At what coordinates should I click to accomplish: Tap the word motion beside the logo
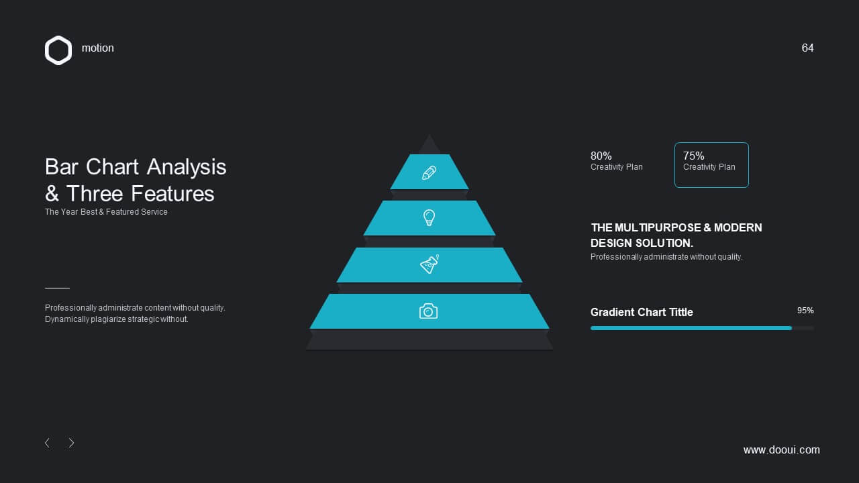98,48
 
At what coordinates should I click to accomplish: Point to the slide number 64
807,48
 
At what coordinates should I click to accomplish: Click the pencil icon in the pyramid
429,172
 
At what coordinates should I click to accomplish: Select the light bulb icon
429,218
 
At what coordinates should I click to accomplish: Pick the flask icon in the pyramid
429,264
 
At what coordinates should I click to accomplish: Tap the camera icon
428,311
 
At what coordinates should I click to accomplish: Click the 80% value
601,156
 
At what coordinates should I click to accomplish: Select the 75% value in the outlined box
693,156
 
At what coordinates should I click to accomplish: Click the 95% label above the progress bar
805,311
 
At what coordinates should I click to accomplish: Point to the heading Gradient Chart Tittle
642,312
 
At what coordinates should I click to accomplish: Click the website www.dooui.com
782,449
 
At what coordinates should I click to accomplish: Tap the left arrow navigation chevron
47,443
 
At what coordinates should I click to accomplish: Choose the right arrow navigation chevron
71,443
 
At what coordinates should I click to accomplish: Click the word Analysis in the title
187,168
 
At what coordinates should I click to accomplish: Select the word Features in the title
172,194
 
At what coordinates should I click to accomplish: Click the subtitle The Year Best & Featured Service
106,212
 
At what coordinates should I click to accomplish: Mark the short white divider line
57,288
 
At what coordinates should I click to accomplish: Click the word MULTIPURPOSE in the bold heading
658,227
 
